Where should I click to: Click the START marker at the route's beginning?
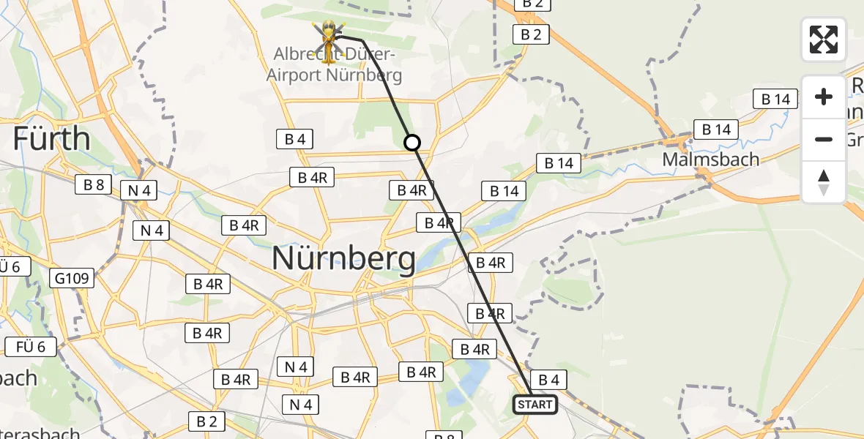tap(535, 405)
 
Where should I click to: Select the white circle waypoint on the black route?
tap(412, 143)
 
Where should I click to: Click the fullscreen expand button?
tap(824, 39)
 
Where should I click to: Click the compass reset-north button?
tap(824, 182)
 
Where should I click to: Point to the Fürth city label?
tap(51, 138)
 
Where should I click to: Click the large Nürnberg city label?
tap(343, 258)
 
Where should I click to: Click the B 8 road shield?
tap(94, 184)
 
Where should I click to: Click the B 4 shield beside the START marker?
tap(548, 379)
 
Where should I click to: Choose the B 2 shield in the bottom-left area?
tap(206, 421)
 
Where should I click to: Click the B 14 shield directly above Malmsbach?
tap(716, 130)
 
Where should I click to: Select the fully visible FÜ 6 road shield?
tap(31, 346)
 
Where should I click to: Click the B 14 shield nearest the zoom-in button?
tap(775, 99)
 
